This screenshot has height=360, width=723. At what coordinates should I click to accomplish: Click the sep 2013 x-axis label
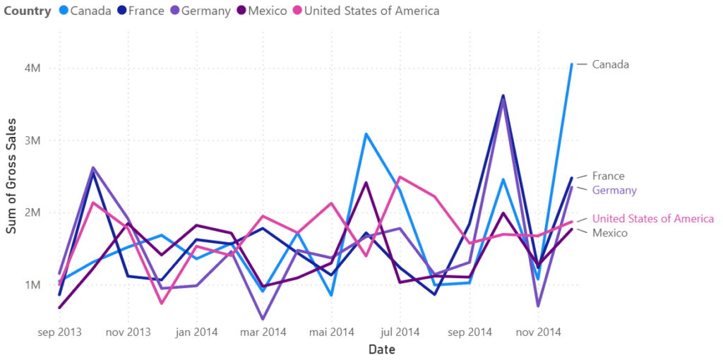(59, 332)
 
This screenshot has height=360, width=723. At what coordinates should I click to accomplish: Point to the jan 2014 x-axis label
(196, 332)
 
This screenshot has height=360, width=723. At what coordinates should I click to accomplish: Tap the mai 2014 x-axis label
(332, 332)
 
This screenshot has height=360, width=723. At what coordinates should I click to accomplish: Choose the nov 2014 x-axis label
(538, 332)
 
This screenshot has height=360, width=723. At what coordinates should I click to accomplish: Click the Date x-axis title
(381, 349)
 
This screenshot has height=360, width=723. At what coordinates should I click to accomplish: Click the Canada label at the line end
(610, 64)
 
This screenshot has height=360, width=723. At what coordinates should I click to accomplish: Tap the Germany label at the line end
(614, 191)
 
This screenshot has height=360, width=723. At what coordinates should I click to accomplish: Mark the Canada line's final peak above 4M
(571, 64)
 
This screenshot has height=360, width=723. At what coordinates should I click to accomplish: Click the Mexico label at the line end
(610, 233)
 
